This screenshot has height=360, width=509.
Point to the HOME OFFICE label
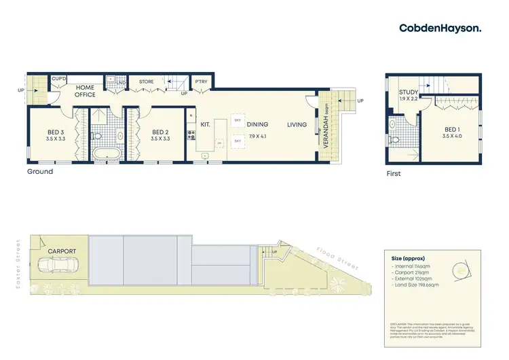coord(85,91)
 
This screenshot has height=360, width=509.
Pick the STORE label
coord(147,82)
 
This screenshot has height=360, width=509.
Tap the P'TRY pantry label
coord(200,82)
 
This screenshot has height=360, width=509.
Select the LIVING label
coord(297,124)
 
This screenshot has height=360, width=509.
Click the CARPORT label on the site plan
coord(62,251)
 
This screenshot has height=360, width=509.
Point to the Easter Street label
coord(20,262)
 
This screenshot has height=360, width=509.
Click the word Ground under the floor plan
coord(39,172)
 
